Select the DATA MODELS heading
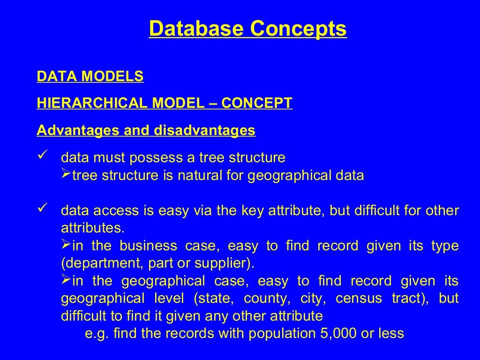[90, 76]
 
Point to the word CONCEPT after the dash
[257, 103]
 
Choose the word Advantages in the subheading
[79, 130]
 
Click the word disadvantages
[204, 130]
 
